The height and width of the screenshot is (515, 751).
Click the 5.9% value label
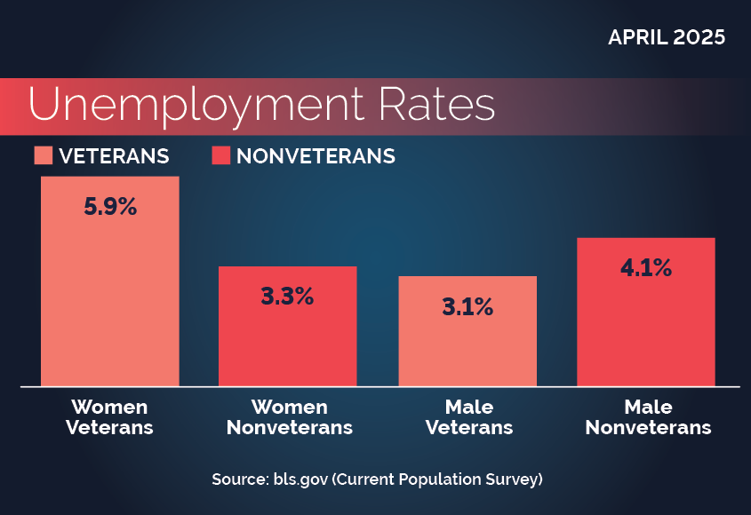pyautogui.click(x=110, y=208)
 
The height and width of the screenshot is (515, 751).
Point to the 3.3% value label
pyautogui.click(x=287, y=297)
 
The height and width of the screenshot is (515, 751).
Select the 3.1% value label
pyautogui.click(x=467, y=308)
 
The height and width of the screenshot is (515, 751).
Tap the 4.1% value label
pyautogui.click(x=646, y=267)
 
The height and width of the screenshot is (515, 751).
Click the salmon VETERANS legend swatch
pyautogui.click(x=44, y=156)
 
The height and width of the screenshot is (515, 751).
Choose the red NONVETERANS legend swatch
pyautogui.click(x=221, y=156)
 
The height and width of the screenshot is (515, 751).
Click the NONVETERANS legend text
pyautogui.click(x=316, y=156)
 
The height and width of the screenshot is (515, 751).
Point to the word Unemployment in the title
pyautogui.click(x=196, y=106)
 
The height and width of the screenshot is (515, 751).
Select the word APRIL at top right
pyautogui.click(x=636, y=38)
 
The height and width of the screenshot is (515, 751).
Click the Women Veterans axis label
pyautogui.click(x=110, y=417)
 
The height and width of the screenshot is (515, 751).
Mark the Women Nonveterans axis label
pyautogui.click(x=289, y=417)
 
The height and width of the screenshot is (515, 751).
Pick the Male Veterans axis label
pyautogui.click(x=469, y=417)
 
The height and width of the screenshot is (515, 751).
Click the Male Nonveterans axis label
pyautogui.click(x=648, y=417)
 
